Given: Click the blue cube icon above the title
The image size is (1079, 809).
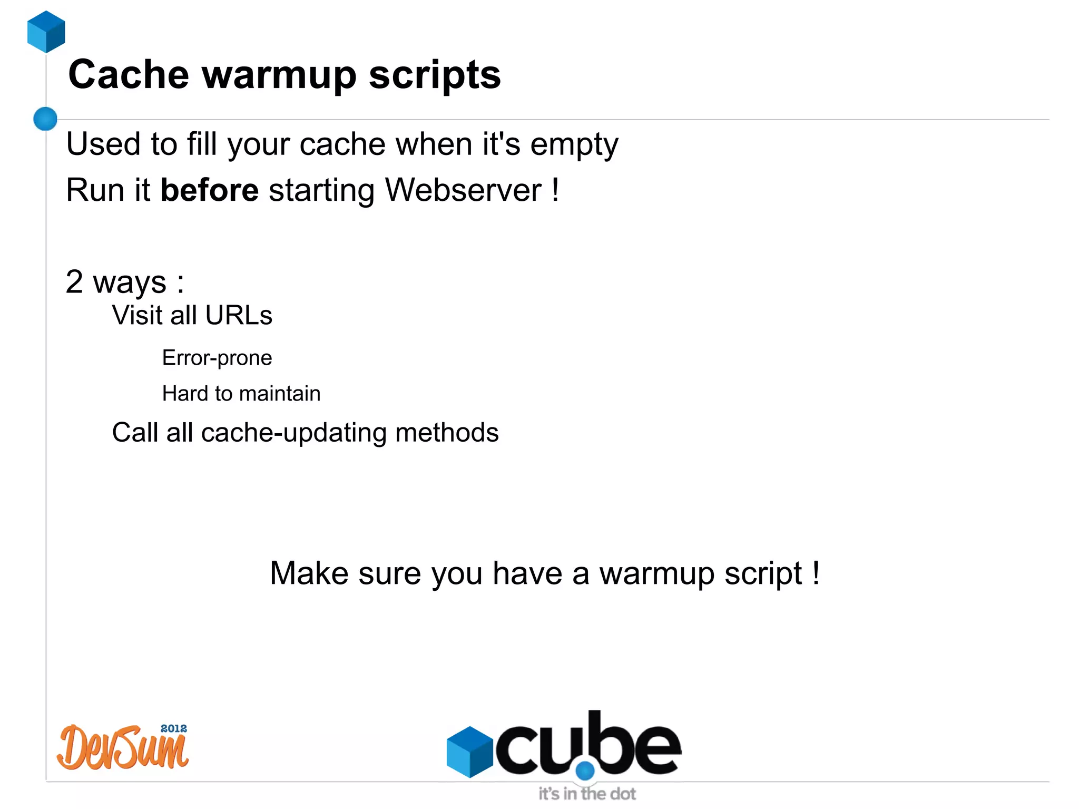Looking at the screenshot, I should pos(46,32).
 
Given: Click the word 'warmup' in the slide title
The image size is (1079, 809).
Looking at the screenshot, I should pos(279,75).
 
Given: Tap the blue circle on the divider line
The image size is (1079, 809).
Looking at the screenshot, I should pos(45,119).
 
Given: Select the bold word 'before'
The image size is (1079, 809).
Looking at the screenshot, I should pos(209,190).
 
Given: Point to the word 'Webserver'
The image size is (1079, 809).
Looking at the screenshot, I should pos(463,190).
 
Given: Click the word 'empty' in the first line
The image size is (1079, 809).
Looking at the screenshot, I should pos(574,145).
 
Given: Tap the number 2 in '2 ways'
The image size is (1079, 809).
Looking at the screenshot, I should pos(74,282).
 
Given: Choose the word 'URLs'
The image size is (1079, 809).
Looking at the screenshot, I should pos(239,316).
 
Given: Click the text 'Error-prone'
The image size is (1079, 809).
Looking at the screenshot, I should pos(217,358).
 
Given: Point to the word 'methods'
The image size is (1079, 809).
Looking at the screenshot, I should pos(447,433).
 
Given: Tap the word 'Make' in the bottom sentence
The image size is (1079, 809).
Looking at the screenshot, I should pos(309,573).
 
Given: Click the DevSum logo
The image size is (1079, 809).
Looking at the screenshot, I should pos(122,747).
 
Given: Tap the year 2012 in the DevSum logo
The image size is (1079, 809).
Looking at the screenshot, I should pos(173,728).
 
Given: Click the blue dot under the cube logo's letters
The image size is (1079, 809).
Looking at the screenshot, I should pos(585,771).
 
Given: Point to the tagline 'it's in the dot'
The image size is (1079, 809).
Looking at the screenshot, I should pos(587,794).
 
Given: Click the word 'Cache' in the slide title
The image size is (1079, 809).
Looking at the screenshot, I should pos(129,75).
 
